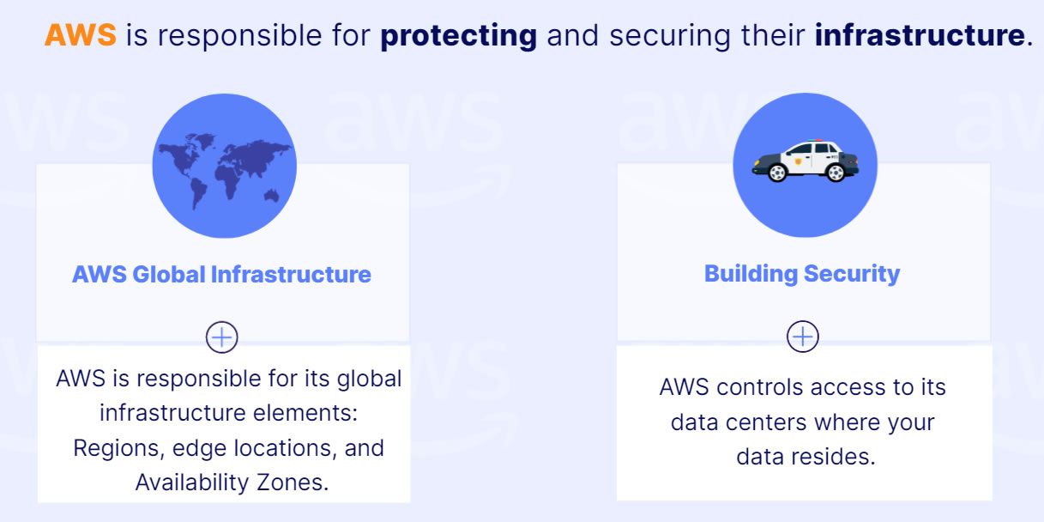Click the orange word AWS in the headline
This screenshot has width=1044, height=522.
80,35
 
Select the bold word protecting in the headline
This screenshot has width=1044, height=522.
458,36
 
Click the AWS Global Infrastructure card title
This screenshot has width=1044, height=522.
221,275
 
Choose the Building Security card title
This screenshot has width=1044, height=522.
802,274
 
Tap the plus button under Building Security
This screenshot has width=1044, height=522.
803,337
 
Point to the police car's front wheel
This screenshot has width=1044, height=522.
777,173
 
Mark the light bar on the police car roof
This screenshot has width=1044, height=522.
815,140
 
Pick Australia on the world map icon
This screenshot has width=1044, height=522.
272,195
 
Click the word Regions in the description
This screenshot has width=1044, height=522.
118,448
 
